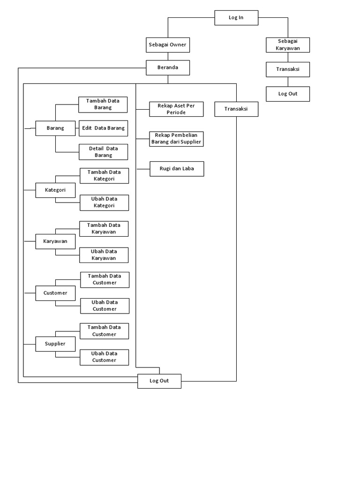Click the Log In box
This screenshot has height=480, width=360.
236,18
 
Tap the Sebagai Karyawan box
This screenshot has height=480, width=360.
288,45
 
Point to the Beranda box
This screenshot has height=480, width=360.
168,67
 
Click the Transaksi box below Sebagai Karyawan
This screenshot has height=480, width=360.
288,69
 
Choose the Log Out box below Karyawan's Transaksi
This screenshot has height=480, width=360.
288,94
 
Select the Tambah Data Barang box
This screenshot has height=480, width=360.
103,105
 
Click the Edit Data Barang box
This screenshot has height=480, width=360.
103,128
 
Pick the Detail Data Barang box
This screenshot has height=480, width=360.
103,152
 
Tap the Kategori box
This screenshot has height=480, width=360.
55,190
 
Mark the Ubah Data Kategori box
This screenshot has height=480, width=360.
104,202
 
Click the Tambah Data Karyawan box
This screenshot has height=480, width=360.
104,229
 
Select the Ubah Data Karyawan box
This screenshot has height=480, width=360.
104,255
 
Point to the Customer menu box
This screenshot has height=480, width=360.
55,293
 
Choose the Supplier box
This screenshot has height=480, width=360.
55,344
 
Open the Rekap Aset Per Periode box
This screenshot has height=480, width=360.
176,109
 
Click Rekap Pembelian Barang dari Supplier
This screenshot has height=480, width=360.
176,139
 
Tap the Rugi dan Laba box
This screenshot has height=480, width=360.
177,169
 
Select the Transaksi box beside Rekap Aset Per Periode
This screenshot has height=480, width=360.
236,109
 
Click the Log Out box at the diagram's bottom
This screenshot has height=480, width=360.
159,381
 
